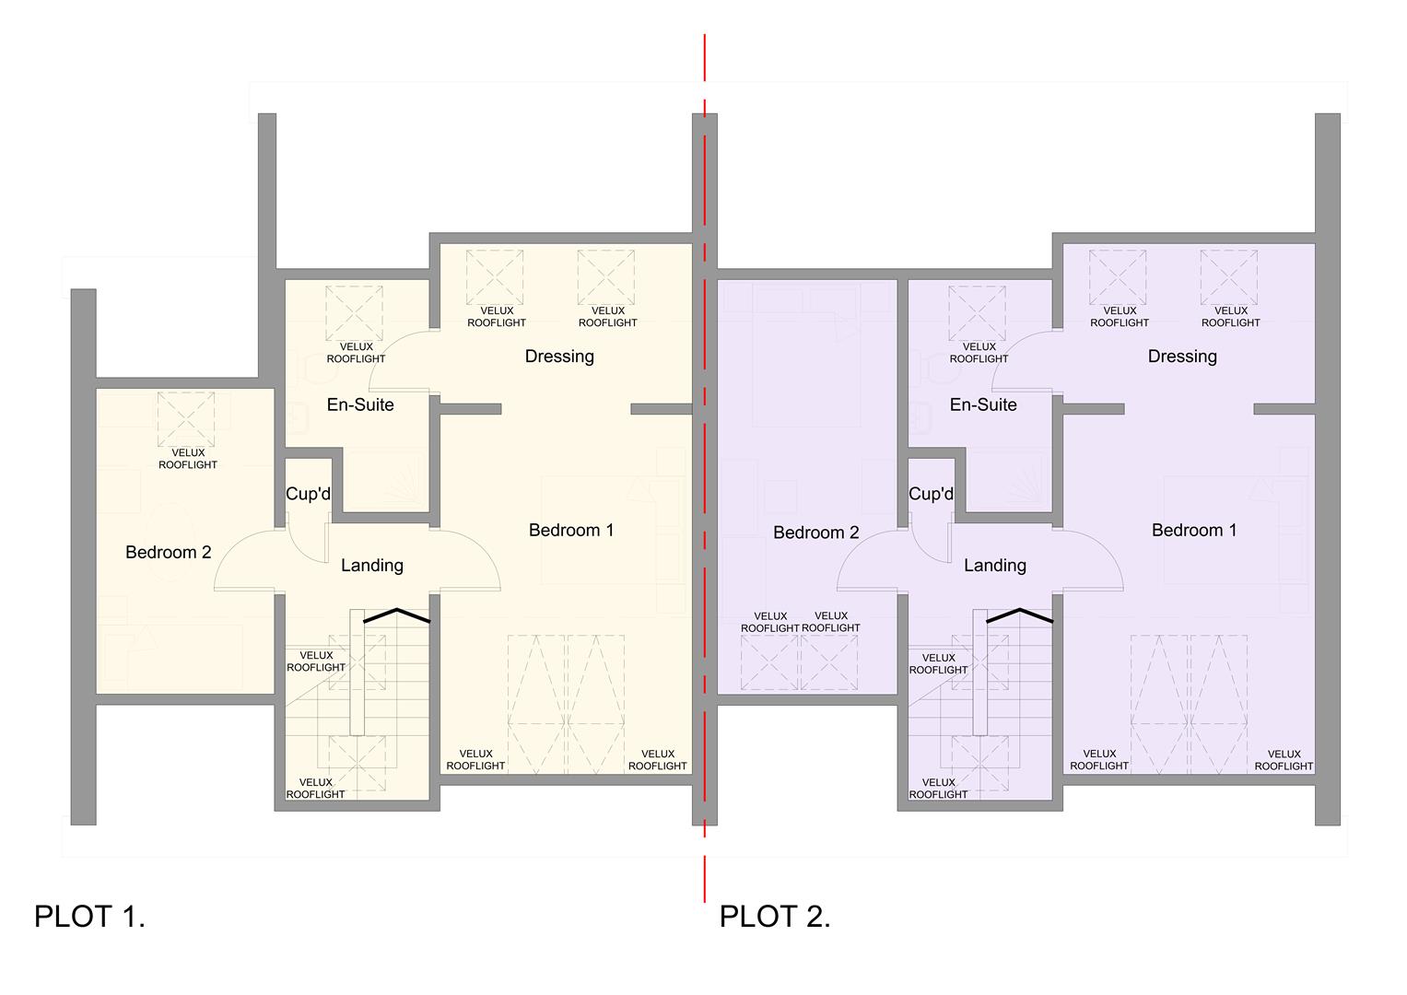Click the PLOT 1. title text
[89, 917]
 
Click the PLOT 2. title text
[775, 917]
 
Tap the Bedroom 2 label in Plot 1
[169, 553]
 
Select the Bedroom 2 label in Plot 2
[816, 533]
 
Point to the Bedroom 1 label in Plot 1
[571, 531]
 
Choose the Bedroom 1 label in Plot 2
[1194, 531]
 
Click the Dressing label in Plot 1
[559, 357]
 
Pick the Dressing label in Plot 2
[1182, 357]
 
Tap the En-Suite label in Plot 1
[360, 404]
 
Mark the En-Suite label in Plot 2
[983, 404]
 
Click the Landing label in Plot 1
[372, 566]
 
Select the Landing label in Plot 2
[995, 566]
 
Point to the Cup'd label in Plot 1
[308, 494]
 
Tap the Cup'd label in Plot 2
[931, 494]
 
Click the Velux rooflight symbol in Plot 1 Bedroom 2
[186, 419]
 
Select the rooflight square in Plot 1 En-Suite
[355, 313]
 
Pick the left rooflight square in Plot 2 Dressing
[1118, 277]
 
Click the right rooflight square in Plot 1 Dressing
[606, 277]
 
